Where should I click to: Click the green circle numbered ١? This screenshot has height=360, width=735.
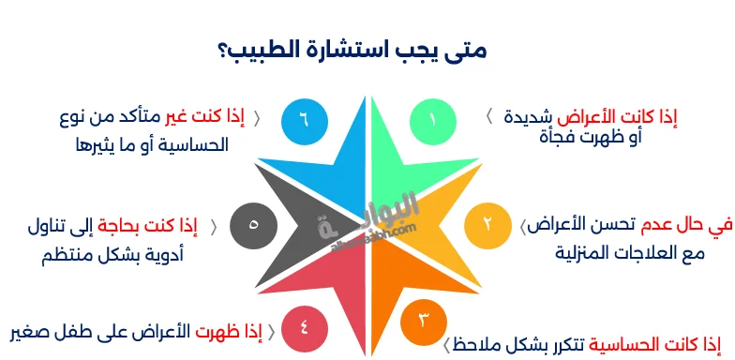tap(433, 120)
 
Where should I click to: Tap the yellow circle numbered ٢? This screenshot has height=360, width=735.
tap(487, 225)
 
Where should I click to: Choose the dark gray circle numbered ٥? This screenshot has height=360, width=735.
tap(253, 225)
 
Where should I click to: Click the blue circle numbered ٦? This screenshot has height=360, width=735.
tap(303, 120)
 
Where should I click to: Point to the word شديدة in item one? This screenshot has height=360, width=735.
tap(526, 118)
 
